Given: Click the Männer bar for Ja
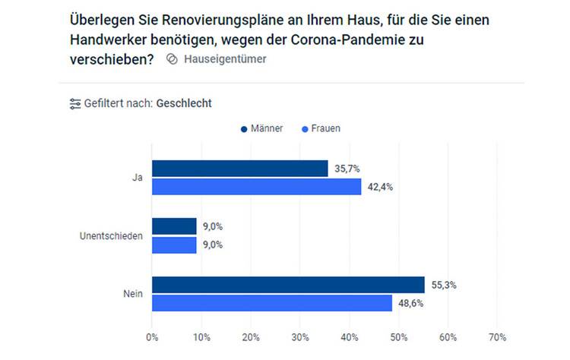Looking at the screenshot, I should [239, 168].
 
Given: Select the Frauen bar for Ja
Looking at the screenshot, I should [256, 186].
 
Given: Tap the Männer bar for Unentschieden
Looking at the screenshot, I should [174, 226].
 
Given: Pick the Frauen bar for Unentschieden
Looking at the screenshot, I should [174, 245].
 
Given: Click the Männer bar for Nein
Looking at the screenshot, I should [288, 285].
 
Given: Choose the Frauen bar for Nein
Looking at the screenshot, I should [271, 303].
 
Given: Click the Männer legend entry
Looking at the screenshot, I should [262, 128].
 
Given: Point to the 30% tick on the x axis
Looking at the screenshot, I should [299, 336].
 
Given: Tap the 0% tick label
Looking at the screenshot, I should [152, 336].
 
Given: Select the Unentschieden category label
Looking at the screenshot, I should [111, 235].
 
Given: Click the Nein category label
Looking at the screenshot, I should [133, 294].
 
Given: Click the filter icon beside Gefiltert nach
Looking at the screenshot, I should [74, 103].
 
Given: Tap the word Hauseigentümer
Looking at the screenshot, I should [225, 58].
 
